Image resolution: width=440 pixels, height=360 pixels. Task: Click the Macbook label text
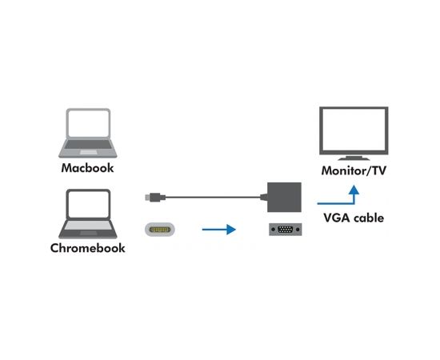pos(88,169)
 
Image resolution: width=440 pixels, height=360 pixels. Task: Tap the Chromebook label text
pos(88,248)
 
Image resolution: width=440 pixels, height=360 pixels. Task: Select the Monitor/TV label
pos(352,171)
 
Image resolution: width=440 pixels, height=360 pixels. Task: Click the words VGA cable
pos(354,217)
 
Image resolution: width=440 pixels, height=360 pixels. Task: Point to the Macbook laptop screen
pos(88,126)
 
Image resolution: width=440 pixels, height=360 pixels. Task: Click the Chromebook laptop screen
pos(88,206)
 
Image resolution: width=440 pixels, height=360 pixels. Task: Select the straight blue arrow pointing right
pos(218,230)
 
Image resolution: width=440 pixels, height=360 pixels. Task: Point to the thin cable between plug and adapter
pos(216,194)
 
